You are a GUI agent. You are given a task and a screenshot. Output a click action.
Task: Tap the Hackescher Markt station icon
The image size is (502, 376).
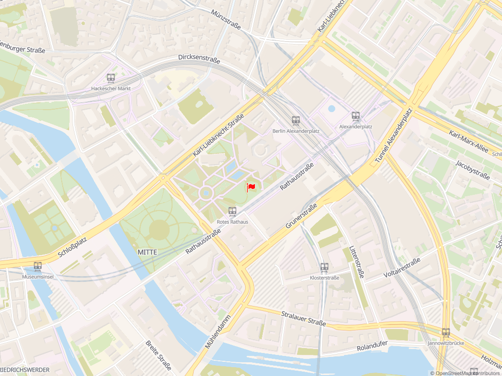(x=111, y=78)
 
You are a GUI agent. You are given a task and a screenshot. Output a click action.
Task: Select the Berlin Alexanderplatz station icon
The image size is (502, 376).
(x=296, y=120)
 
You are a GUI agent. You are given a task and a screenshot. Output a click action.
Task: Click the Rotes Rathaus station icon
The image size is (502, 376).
(x=232, y=211)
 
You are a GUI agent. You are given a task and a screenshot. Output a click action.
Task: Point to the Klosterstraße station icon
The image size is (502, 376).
(x=324, y=267)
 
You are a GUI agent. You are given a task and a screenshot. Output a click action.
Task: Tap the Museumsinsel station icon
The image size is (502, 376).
(x=38, y=266)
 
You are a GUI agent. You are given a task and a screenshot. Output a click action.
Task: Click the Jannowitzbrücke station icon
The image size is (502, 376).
(x=446, y=333)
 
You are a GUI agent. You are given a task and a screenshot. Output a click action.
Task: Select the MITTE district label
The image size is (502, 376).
(x=148, y=252)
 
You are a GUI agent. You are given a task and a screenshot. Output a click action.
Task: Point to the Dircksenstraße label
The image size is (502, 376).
(x=199, y=59)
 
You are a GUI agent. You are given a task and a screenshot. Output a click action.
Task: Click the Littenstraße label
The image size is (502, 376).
(x=356, y=262)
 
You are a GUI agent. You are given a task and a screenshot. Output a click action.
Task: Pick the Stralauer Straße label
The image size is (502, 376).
(x=303, y=318)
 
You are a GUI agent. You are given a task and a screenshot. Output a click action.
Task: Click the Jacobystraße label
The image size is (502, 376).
(x=473, y=170)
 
